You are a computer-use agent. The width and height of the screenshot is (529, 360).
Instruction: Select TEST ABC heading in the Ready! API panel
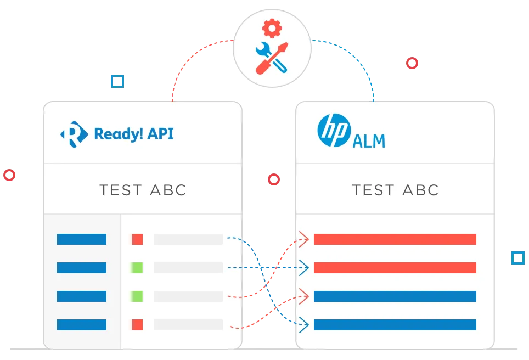pos(143,190)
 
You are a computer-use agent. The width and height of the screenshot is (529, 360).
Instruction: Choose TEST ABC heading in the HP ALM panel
pos(395,190)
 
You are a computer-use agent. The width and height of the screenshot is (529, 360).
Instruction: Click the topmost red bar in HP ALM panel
pos(395,239)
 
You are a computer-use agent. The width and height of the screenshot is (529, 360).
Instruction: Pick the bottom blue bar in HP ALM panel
pos(395,325)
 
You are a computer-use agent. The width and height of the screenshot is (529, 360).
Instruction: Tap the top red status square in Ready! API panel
pos(137,239)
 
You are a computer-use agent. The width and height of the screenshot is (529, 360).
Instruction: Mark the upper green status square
pos(137,268)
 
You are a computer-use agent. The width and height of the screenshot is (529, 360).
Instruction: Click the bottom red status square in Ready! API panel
pos(137,325)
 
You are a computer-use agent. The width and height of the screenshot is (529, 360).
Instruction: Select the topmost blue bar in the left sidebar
pos(82,239)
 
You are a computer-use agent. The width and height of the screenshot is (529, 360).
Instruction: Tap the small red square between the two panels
pos(274,179)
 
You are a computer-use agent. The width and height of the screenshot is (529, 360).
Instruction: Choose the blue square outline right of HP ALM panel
pos(517,258)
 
